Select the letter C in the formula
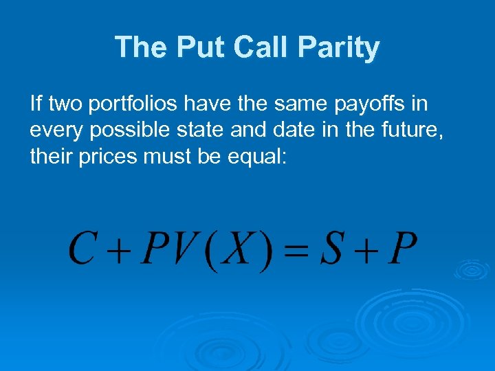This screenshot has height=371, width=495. [x=82, y=250]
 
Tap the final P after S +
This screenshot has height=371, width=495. [x=401, y=250]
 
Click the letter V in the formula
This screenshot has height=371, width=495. [x=181, y=250]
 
